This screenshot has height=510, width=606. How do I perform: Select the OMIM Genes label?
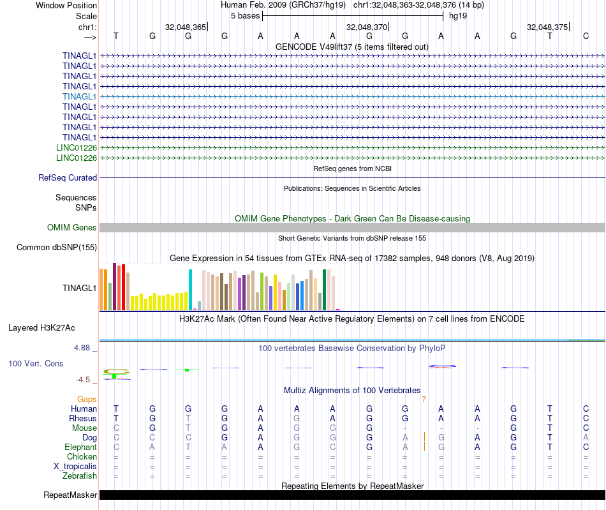(x=72, y=228)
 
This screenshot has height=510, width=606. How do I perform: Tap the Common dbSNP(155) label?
(x=57, y=248)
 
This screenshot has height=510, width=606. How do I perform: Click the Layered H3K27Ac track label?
(x=41, y=328)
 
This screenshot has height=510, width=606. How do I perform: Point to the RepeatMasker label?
(x=70, y=495)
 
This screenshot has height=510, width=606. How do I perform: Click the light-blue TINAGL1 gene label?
(x=80, y=96)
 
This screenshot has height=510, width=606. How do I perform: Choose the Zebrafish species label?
(x=80, y=476)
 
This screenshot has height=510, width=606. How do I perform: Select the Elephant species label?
(x=81, y=447)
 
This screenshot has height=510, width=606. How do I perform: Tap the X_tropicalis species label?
(x=75, y=467)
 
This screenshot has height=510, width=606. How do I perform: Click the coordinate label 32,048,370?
(x=366, y=27)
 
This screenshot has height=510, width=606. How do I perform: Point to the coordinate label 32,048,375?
(x=547, y=27)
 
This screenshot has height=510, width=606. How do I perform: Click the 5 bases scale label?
(x=245, y=15)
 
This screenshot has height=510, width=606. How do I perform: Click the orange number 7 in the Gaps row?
(x=424, y=400)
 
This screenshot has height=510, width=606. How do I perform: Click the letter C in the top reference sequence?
(x=586, y=36)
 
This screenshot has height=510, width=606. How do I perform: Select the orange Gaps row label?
(x=87, y=400)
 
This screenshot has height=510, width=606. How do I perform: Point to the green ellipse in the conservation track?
(x=116, y=371)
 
